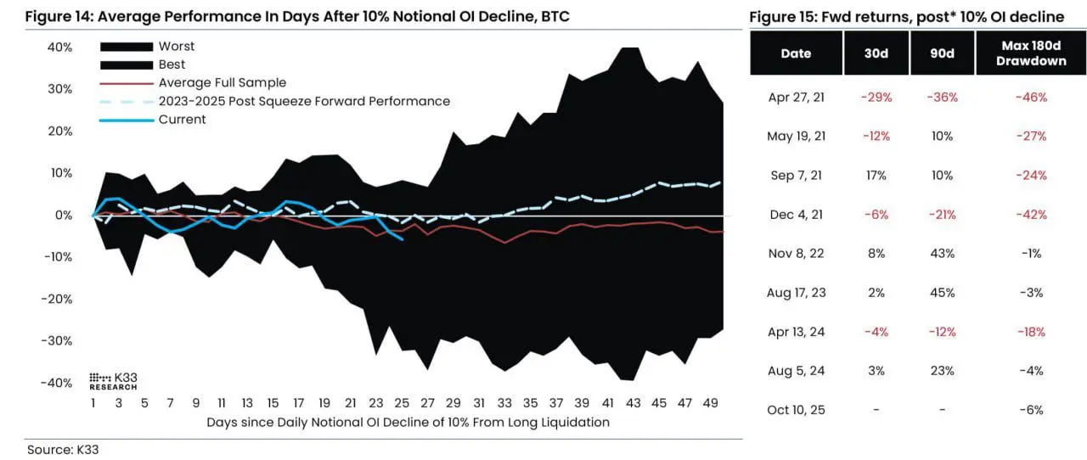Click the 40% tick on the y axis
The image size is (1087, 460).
tap(59, 48)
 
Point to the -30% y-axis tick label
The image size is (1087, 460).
tap(57, 340)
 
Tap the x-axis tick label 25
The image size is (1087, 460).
tap(402, 403)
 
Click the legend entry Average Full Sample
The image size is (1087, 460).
tap(222, 82)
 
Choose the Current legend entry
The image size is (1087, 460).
tap(182, 120)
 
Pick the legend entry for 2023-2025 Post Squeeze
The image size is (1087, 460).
tap(303, 101)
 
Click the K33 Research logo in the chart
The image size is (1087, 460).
tap(113, 381)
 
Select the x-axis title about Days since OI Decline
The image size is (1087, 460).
tap(408, 422)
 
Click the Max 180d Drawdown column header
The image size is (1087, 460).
tap(1030, 53)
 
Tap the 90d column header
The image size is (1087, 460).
tap(943, 53)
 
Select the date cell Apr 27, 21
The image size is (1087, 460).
tap(796, 98)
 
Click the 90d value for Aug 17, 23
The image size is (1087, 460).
tap(943, 293)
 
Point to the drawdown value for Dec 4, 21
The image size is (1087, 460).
tap(1030, 215)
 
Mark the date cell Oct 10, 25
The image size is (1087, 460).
tap(796, 410)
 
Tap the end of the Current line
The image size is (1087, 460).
tap(403, 239)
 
